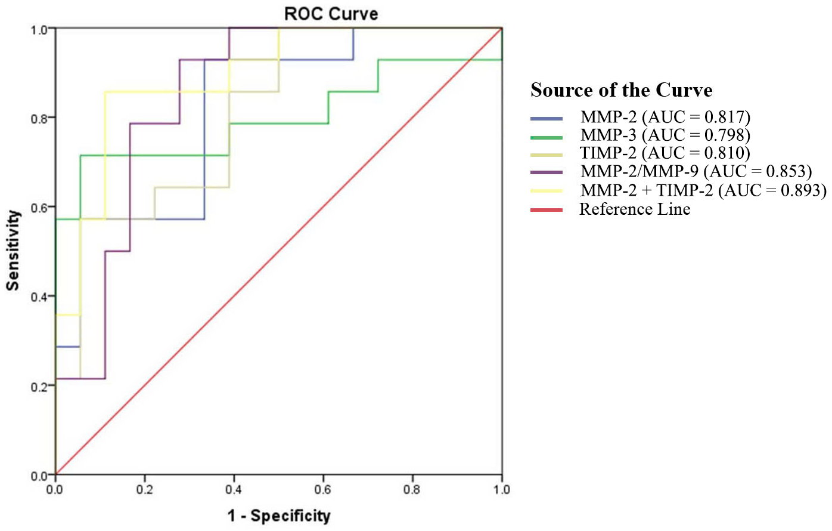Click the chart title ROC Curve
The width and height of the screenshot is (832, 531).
tap(331, 14)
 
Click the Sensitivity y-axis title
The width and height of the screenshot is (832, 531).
tap(13, 251)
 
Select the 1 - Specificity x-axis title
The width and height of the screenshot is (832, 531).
tap(279, 515)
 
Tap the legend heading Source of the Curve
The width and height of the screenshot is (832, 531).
tap(622, 90)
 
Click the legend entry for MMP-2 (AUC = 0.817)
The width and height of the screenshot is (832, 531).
tap(665, 117)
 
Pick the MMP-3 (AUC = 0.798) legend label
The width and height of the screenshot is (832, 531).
tap(665, 135)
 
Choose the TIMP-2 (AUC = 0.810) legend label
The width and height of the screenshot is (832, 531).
tap(665, 153)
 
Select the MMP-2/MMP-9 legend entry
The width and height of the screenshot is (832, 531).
tap(696, 172)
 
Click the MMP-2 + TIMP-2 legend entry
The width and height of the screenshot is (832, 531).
tap(703, 190)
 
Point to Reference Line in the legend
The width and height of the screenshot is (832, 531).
tap(635, 209)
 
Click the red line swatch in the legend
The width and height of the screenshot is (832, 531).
tap(547, 210)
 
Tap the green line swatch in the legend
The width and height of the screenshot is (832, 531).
tap(547, 137)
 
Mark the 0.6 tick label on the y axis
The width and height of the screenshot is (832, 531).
tap(39, 208)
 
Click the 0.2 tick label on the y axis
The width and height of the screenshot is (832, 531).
tap(39, 387)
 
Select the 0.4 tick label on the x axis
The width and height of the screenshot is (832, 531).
tap(234, 490)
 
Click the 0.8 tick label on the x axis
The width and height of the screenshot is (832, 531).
tap(412, 490)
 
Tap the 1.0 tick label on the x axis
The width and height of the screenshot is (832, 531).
tap(501, 490)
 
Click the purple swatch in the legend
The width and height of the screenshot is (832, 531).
tap(547, 172)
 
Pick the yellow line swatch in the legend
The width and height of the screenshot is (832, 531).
tap(547, 191)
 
